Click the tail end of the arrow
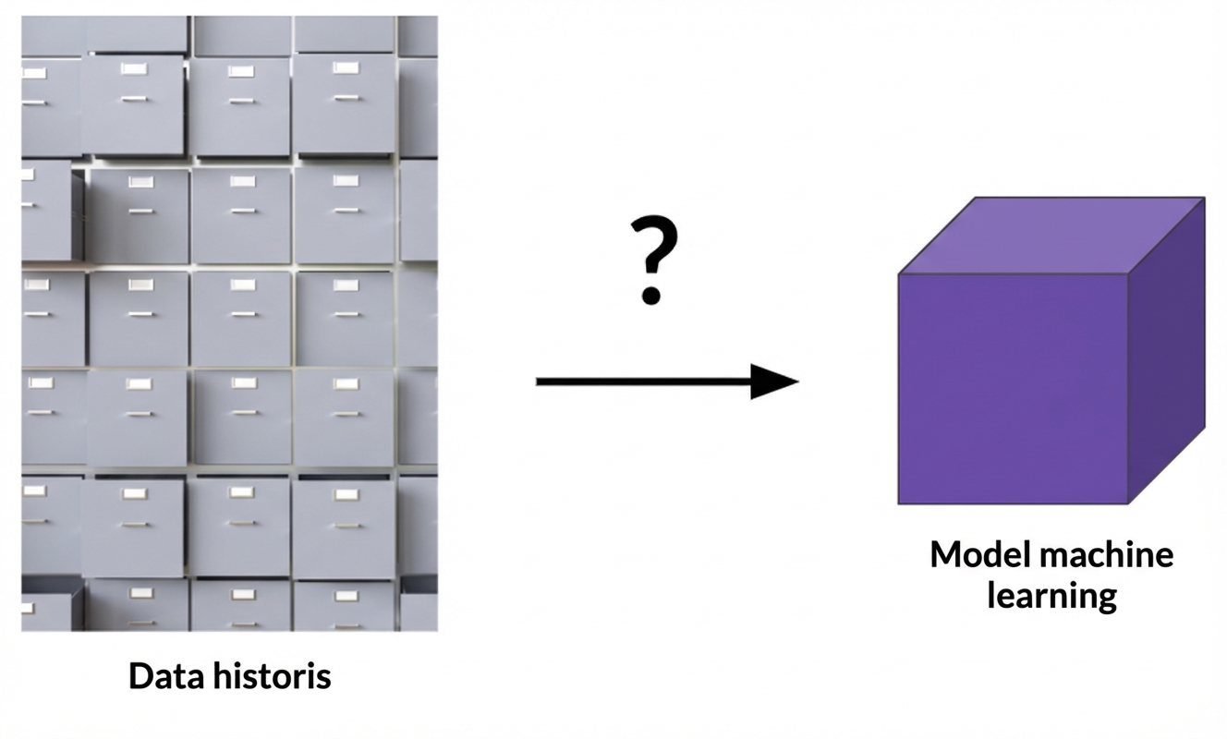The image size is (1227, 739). [539, 381]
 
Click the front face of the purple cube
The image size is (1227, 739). [1014, 388]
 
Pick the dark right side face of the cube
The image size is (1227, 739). [1167, 351]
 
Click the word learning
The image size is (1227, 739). [1051, 596]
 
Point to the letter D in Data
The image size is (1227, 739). [140, 677]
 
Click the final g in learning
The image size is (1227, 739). [1106, 600]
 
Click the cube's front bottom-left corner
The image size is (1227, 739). [900, 503]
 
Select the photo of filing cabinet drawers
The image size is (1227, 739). [229, 323]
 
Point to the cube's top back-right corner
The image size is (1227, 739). [1204, 199]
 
